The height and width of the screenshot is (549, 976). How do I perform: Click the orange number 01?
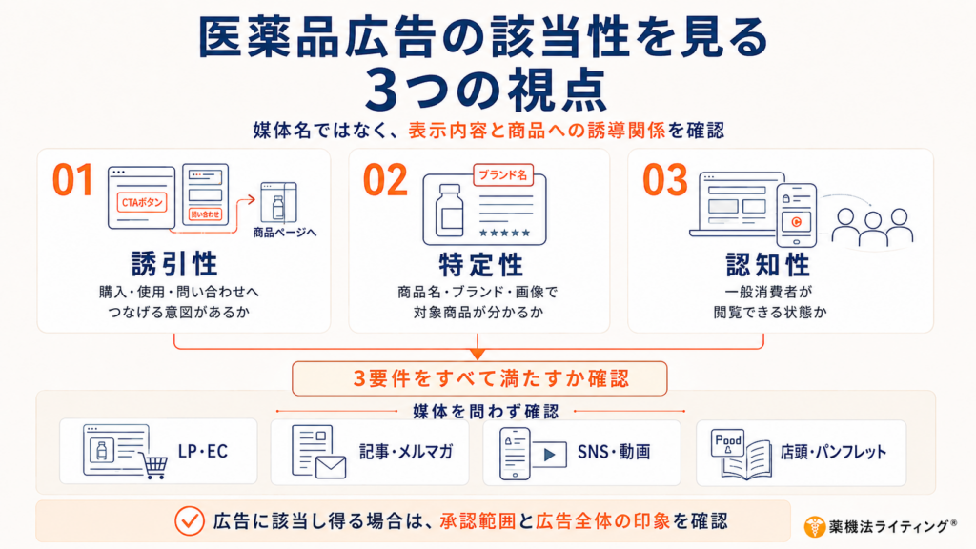(72, 180)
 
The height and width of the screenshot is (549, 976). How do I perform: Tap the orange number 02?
(385, 180)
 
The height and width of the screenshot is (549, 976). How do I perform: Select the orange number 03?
(664, 180)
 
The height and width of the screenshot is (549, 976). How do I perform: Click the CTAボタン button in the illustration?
(142, 202)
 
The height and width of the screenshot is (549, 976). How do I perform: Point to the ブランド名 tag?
(503, 175)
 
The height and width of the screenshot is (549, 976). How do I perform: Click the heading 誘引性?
(175, 264)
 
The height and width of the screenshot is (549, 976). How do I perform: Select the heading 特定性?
(481, 265)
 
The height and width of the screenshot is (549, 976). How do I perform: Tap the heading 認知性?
(768, 265)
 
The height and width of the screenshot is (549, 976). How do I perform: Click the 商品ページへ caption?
(284, 233)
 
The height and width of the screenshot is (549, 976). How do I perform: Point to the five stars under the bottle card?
(504, 233)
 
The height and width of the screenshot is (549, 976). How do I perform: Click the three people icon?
(873, 227)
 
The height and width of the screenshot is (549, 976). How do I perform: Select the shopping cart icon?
(155, 465)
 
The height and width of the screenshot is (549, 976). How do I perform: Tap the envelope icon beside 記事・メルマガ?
(331, 467)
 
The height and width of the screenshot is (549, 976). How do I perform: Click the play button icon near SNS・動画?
(549, 455)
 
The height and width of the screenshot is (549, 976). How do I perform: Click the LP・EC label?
(203, 451)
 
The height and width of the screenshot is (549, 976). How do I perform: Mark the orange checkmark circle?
(190, 521)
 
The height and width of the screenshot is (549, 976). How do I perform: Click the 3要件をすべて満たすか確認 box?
(479, 378)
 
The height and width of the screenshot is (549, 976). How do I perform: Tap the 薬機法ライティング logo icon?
(814, 526)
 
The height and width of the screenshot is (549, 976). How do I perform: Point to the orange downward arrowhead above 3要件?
(478, 354)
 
